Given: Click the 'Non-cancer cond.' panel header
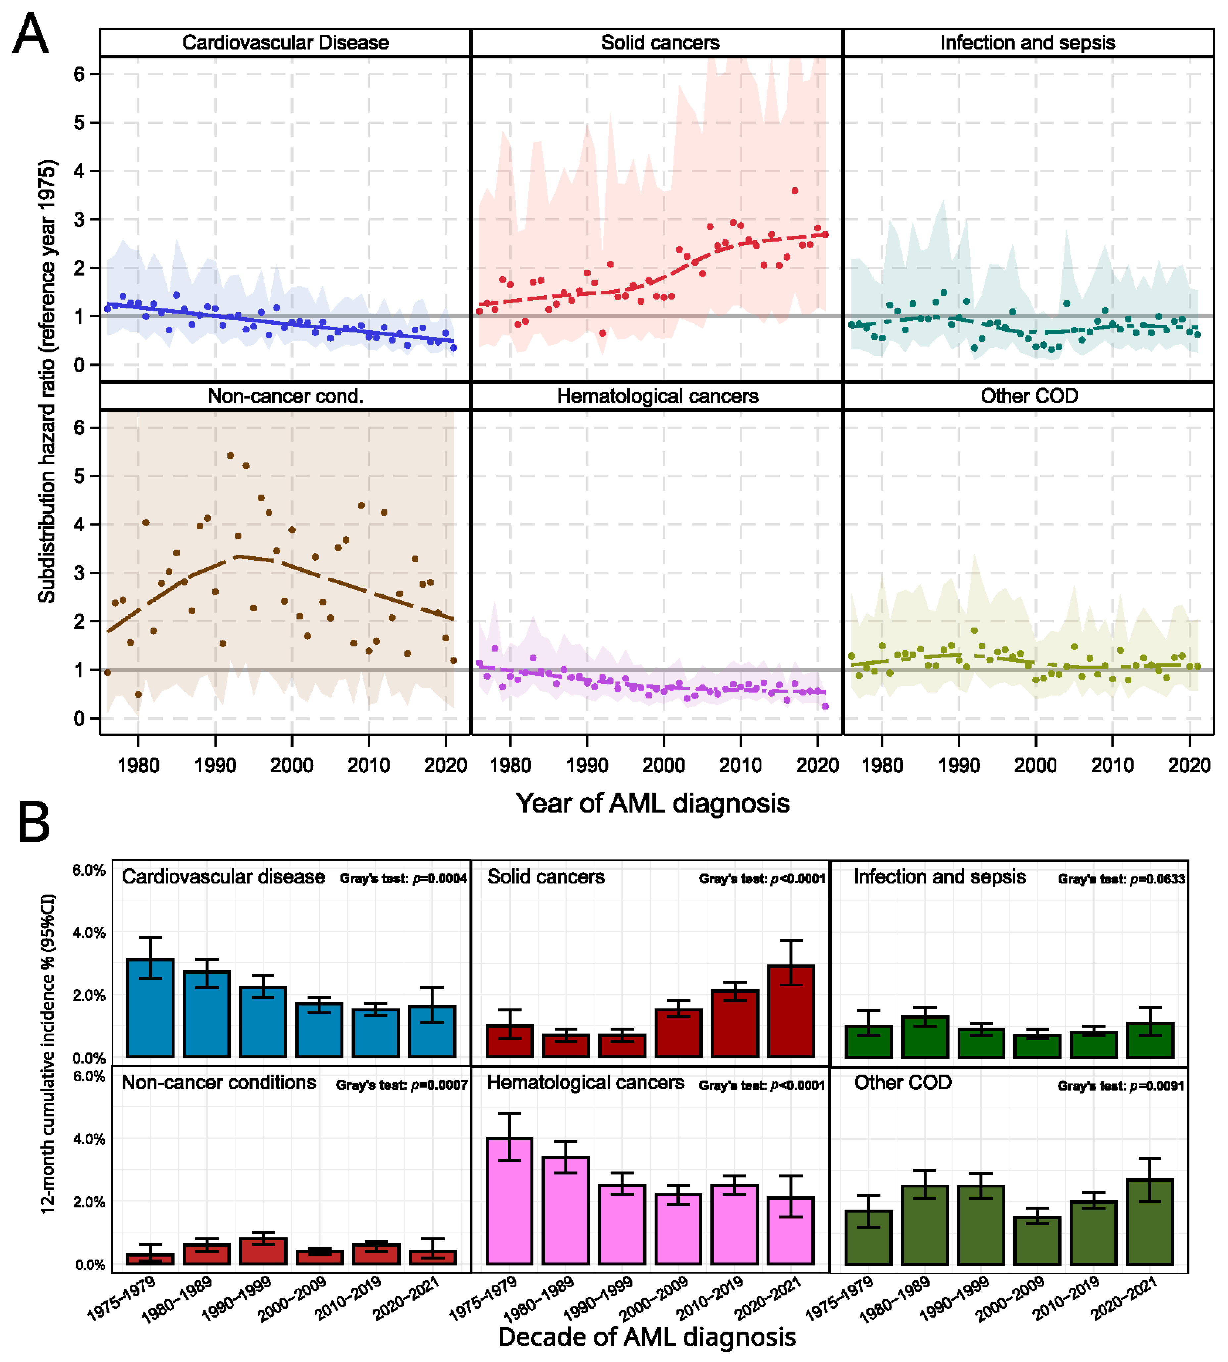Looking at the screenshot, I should click(x=285, y=396).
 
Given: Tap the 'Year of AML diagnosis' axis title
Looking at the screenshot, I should click(x=653, y=803).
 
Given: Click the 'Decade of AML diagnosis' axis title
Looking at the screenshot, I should click(x=646, y=1337).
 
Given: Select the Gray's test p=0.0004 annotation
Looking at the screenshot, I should click(x=404, y=879).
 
